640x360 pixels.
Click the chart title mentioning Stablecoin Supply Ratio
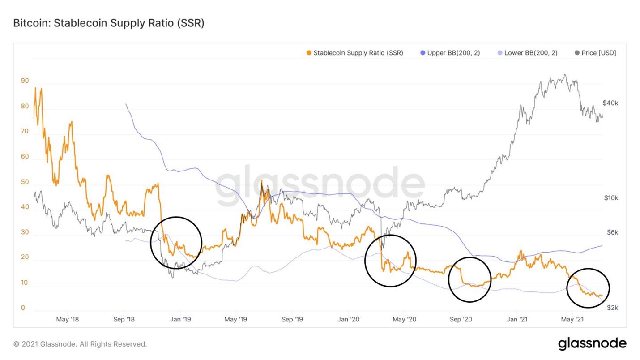(x=109, y=23)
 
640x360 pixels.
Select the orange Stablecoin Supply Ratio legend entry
(x=354, y=53)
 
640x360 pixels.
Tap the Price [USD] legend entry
(x=595, y=53)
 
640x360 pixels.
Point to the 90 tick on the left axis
(x=25, y=81)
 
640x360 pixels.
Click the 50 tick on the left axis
(x=25, y=182)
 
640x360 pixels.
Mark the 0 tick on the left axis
(x=23, y=309)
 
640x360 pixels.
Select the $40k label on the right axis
(x=610, y=103)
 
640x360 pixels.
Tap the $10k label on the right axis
(x=610, y=198)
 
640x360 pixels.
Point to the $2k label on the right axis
(x=612, y=308)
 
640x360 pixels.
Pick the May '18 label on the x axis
(x=68, y=319)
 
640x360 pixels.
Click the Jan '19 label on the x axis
(x=181, y=319)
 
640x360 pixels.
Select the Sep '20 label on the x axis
(x=461, y=319)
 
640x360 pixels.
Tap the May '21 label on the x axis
(x=573, y=319)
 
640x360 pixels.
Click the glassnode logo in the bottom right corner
(x=592, y=343)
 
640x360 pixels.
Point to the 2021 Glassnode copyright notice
(x=80, y=344)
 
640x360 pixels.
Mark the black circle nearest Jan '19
(x=176, y=242)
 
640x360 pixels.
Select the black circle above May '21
(x=588, y=288)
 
